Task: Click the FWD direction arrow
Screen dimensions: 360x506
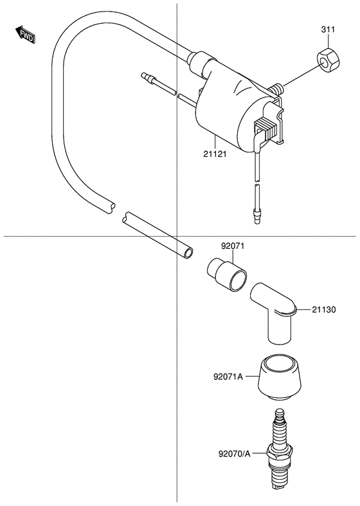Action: pos(25,35)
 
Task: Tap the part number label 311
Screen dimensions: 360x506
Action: pos(328,30)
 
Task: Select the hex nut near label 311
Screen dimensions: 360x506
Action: pos(328,60)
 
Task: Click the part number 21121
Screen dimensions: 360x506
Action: pos(215,154)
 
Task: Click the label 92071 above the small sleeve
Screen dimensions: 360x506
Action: pos(233,246)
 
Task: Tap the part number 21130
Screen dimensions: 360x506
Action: pos(323,310)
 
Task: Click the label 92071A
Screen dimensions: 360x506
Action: pos(228,377)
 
